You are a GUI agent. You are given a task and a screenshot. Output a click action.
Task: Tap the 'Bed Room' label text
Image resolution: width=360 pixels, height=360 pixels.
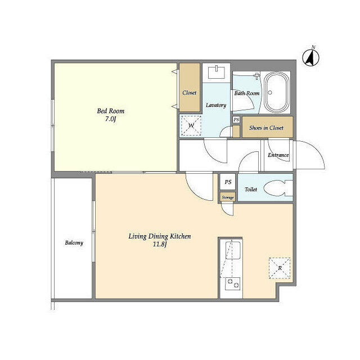(x=110, y=111)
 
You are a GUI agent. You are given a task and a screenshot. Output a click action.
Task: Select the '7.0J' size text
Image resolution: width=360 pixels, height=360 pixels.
(x=110, y=119)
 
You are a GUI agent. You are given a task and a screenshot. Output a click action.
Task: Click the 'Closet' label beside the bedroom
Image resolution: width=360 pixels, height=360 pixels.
(x=190, y=92)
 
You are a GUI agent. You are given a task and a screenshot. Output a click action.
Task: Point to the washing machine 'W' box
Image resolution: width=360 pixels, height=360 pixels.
(x=190, y=125)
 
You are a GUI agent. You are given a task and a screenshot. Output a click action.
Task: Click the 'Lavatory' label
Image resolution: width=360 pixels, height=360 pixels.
(x=216, y=105)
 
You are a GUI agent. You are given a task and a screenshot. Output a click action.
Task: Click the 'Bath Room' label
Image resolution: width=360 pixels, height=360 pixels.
(x=246, y=93)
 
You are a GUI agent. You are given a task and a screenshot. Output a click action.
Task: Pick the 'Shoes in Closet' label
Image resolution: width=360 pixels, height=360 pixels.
(x=267, y=128)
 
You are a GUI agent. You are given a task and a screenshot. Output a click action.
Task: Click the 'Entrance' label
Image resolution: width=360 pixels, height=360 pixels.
(x=278, y=155)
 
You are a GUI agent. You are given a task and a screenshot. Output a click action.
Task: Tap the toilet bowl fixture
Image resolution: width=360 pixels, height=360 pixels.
(x=277, y=188)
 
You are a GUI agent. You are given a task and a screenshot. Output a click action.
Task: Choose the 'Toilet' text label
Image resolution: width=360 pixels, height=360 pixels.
(x=251, y=190)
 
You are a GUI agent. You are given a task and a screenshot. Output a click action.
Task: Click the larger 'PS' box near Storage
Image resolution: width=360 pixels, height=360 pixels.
(x=228, y=182)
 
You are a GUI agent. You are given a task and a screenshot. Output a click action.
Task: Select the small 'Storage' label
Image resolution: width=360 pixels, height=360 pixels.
(x=227, y=197)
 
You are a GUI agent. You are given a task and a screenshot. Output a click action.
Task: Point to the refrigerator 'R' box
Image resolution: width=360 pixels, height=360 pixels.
(x=280, y=268)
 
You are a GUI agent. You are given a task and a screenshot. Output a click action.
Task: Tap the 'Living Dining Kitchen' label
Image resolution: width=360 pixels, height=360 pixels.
(x=160, y=237)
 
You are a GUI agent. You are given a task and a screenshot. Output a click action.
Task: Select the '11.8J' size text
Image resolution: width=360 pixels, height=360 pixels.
(x=160, y=245)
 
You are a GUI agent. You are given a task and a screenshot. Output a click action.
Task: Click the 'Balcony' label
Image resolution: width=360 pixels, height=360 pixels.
(x=74, y=243)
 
